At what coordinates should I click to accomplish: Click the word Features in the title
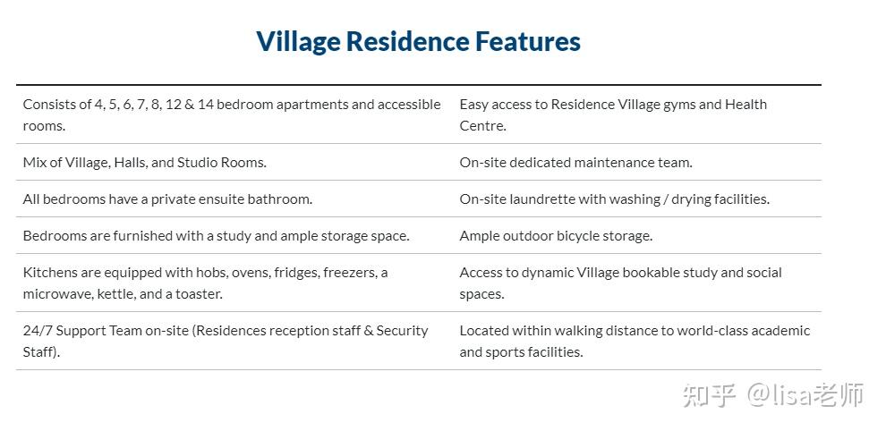[x=527, y=41]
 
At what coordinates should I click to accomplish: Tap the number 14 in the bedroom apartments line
[x=205, y=105]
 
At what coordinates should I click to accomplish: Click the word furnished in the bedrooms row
[x=142, y=235]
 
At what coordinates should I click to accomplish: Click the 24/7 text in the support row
[x=38, y=331]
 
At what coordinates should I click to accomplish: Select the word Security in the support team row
[x=403, y=331]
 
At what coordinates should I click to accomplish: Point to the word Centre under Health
[x=482, y=126]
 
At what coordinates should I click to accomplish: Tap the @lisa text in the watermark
[x=782, y=395]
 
